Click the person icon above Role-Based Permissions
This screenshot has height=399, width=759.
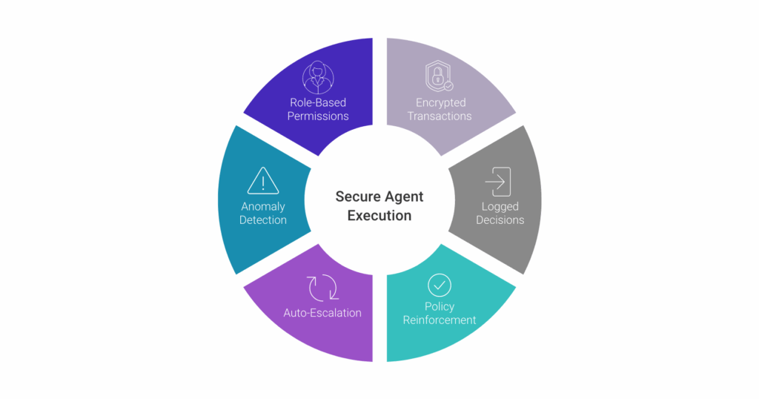[x=318, y=77]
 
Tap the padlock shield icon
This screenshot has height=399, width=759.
[x=439, y=76]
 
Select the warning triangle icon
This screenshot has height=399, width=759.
[x=263, y=181]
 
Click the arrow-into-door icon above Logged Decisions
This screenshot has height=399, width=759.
[x=498, y=182]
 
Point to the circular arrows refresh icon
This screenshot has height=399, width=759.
[x=323, y=288]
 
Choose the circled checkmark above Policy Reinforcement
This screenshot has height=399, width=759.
[x=440, y=286]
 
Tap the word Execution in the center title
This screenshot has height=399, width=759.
[x=379, y=216]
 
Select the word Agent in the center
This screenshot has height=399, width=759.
[x=405, y=197]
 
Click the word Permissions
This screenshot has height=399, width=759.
[x=318, y=116]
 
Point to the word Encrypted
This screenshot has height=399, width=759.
[x=440, y=102]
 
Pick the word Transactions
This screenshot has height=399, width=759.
[x=440, y=116]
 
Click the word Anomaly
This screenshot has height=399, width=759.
[x=263, y=207]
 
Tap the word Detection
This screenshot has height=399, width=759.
[x=263, y=220]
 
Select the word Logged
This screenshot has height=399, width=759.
[x=500, y=207]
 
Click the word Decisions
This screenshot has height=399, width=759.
[x=500, y=220]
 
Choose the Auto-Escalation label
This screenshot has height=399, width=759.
[x=322, y=313]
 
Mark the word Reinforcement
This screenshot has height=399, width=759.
[x=440, y=320]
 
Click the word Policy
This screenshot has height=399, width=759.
[x=440, y=306]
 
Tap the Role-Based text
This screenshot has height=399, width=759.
[x=318, y=102]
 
